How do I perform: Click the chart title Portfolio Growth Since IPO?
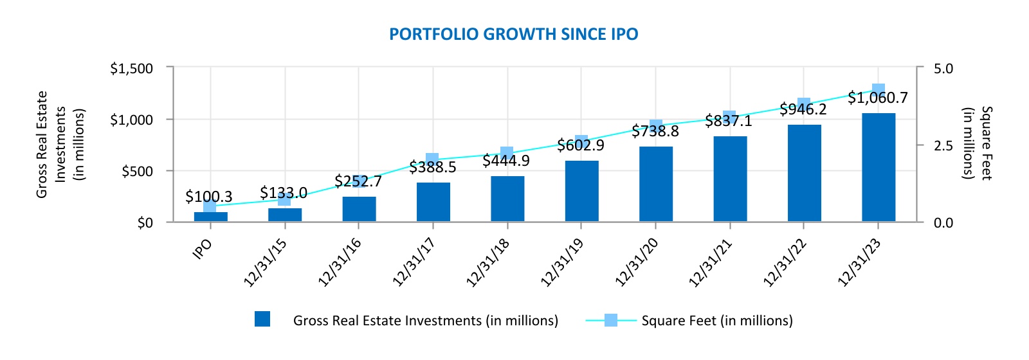513,34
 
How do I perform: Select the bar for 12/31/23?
878,168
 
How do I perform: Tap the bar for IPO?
210,217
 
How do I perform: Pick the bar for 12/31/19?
581,191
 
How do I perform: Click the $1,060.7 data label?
877,98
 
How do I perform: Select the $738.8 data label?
655,132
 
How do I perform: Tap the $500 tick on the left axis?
137,171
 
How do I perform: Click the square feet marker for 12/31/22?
804,104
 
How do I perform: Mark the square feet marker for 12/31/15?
284,199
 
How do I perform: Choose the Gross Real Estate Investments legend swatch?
262,319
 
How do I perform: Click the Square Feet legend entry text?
716,321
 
